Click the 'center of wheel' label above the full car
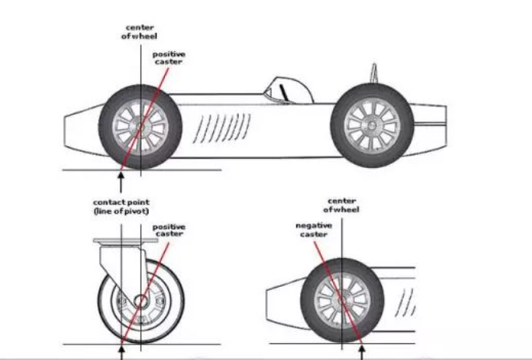point(139,32)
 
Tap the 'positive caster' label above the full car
point(169,58)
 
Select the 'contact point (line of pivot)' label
point(121,207)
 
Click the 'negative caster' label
point(313,230)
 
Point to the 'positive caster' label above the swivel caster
point(169,230)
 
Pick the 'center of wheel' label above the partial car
point(341,205)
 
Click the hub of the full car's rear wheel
point(372,126)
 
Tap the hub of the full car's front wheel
point(140,127)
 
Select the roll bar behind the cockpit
point(374,72)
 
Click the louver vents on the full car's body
point(222,128)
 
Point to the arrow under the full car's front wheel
point(121,183)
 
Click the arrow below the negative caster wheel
point(362,352)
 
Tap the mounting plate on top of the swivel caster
point(125,240)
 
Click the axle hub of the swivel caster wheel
point(141,301)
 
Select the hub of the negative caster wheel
point(342,301)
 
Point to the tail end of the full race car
point(429,125)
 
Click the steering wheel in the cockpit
point(284,93)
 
